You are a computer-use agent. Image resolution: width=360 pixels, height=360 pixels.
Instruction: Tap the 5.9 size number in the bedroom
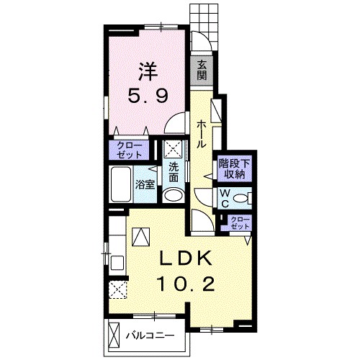coord(148,95)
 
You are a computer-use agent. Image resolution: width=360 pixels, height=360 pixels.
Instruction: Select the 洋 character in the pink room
coord(148,72)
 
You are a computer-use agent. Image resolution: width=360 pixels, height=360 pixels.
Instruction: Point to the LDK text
coord(186,258)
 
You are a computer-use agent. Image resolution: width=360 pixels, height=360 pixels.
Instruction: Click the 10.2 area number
coord(186,284)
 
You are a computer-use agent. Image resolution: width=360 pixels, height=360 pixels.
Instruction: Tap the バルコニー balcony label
coord(150,336)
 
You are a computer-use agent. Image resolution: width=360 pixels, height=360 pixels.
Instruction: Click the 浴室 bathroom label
coord(145,184)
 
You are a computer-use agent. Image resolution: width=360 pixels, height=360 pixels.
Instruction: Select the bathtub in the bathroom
coord(121,184)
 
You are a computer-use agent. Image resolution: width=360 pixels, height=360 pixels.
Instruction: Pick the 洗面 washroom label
coord(174,172)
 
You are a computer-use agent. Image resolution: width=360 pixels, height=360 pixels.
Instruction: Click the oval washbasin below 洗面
coord(173,196)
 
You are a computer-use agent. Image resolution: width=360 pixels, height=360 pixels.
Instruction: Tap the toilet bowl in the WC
coord(240,198)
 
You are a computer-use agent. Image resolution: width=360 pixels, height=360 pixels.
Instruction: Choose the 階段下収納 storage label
coord(234,169)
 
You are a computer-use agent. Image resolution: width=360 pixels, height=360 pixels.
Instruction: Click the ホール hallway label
coord(201,135)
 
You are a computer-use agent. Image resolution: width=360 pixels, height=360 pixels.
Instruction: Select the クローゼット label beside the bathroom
coord(129,150)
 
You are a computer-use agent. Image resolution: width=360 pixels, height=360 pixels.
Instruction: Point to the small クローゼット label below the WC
coord(240,223)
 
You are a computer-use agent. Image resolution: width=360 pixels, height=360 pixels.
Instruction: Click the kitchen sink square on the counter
coord(117,262)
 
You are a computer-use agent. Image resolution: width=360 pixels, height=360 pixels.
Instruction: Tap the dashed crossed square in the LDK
coord(117,290)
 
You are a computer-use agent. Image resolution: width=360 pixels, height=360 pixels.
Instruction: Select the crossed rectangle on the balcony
coord(114,333)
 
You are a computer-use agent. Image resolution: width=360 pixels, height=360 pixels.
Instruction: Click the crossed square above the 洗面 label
coord(174,148)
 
